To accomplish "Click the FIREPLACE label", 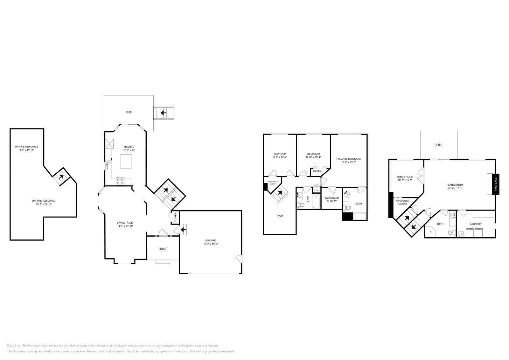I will (496, 184).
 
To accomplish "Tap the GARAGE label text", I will (210, 240).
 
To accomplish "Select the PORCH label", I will (163, 249).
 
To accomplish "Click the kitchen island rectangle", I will (126, 161).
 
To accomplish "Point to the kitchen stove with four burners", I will (121, 181).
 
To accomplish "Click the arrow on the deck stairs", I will (164, 113).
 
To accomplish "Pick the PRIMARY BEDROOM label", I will (348, 159).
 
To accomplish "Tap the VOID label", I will (280, 216).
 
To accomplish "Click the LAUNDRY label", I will (476, 224).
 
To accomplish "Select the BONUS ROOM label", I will (405, 177).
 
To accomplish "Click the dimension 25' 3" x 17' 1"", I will (455, 188).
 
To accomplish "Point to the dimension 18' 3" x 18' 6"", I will (210, 244).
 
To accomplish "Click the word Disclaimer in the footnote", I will (14, 345).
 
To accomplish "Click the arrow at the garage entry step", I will (183, 229).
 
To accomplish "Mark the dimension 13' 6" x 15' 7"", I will (348, 162).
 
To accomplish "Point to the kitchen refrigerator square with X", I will (110, 144).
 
